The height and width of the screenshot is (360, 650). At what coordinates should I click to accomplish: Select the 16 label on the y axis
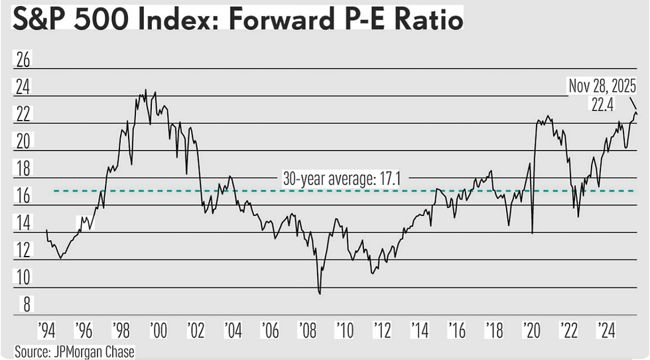(23, 196)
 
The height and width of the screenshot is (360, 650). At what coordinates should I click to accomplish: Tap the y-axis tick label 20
(23, 141)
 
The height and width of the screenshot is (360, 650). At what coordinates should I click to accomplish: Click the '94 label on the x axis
(47, 330)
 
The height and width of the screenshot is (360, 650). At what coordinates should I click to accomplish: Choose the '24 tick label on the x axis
(605, 330)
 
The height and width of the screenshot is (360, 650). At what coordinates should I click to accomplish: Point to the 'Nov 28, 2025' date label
(602, 86)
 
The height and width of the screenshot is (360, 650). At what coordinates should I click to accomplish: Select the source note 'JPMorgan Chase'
(93, 351)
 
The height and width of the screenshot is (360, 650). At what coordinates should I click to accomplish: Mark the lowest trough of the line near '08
(320, 293)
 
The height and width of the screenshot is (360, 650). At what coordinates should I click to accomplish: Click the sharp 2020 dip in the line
(533, 232)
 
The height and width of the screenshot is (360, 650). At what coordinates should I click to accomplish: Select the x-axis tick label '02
(196, 330)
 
